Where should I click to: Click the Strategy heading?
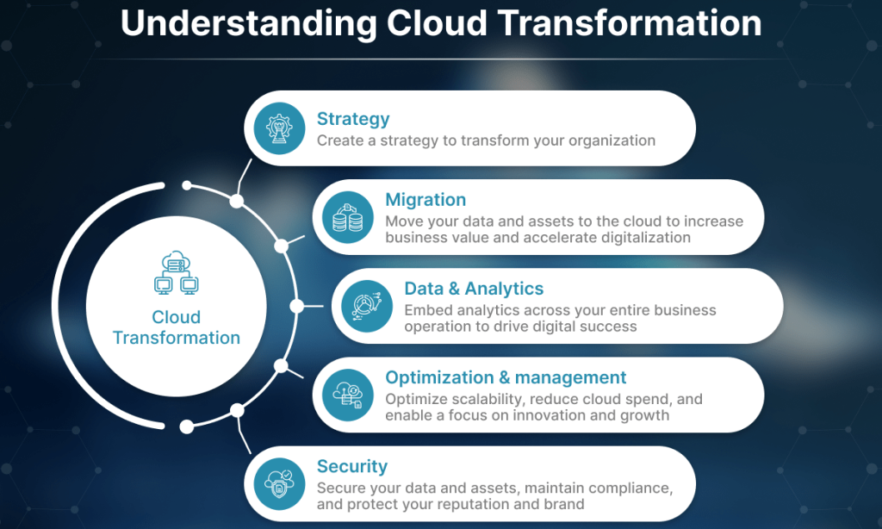(x=353, y=119)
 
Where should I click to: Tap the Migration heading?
(x=425, y=200)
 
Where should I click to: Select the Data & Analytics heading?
(x=474, y=289)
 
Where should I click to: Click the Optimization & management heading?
(x=506, y=377)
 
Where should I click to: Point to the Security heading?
(x=352, y=466)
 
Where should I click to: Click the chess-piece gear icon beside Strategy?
(x=279, y=128)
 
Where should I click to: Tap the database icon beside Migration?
(x=348, y=217)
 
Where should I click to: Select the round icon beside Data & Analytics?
(x=367, y=306)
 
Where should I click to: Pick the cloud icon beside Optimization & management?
(x=348, y=395)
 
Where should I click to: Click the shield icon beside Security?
(x=279, y=484)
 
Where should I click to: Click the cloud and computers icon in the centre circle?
(x=176, y=273)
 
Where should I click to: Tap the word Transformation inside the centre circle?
(x=176, y=338)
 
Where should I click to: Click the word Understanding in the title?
(x=248, y=23)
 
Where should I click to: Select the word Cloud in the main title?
(x=437, y=22)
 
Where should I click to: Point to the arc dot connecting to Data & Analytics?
(x=297, y=306)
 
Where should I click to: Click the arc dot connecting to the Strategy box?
(x=237, y=201)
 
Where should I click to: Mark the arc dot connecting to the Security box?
(x=237, y=411)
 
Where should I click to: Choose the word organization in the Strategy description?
(x=612, y=140)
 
